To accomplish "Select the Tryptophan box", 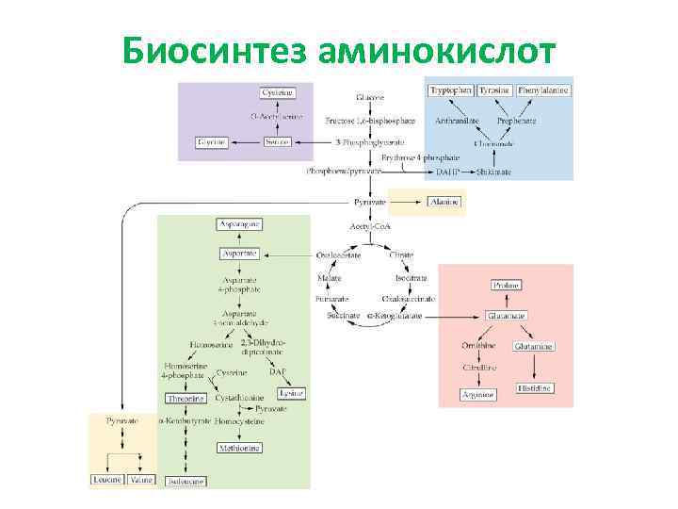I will coord(451,90).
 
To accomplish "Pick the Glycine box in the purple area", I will coord(212,141).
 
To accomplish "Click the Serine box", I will coord(277,141).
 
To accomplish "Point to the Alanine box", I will coord(442,202).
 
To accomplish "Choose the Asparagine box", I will coord(240,224).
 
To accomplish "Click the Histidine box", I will coord(534,388).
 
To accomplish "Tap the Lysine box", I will coord(291,393).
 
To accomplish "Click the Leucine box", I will coord(107,480).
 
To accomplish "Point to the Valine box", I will coord(141,480).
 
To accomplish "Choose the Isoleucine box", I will coord(186,482).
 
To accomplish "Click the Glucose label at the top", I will coord(370,97).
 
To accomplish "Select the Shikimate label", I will coord(494,172).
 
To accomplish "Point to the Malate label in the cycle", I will coord(329,279).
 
